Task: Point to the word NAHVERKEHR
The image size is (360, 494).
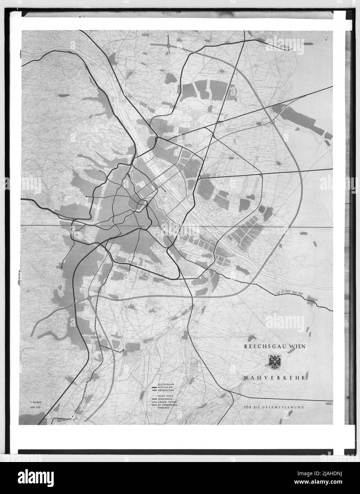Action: [x=275, y=378]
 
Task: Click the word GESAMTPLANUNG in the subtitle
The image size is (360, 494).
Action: [x=286, y=406]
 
